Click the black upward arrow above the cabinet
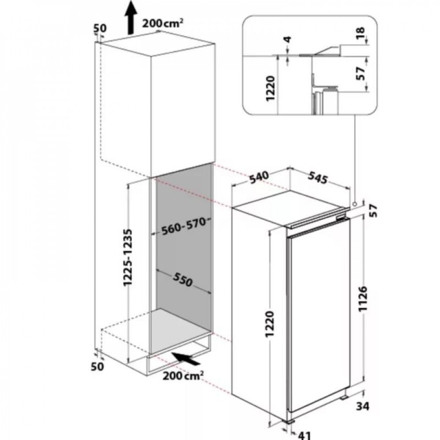tap(131, 18)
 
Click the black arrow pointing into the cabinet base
tap(186, 359)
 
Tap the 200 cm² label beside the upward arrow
tap(163, 23)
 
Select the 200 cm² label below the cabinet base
tap(183, 375)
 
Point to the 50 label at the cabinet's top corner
tap(99, 28)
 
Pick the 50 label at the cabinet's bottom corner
tap(97, 367)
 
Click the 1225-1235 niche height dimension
tap(128, 257)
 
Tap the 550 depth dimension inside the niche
tap(183, 279)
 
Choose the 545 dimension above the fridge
tap(318, 178)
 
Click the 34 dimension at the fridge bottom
tap(363, 406)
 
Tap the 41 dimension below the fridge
tap(304, 435)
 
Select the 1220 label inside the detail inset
tap(270, 88)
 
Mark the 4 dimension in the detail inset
tap(288, 40)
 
